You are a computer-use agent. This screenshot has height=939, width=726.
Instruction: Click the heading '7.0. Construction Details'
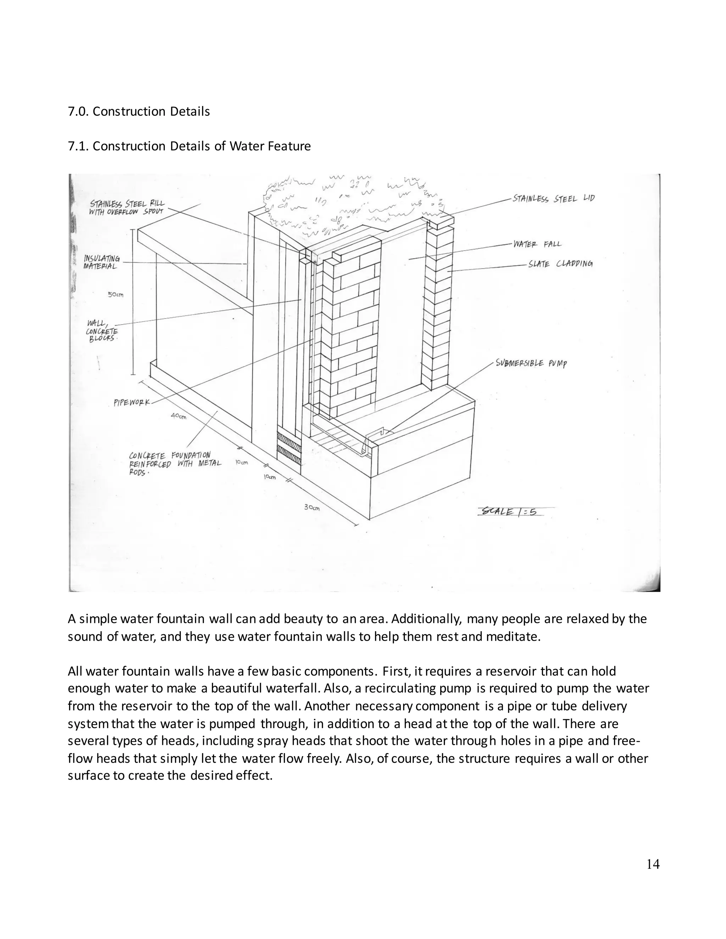click(139, 111)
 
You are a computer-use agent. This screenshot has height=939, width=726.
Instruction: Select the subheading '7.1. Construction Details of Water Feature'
click(189, 146)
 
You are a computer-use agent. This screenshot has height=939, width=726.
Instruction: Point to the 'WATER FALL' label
click(537, 244)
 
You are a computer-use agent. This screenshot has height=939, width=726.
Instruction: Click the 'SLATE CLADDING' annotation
click(560, 264)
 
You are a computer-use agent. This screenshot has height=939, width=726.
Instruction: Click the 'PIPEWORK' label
click(132, 403)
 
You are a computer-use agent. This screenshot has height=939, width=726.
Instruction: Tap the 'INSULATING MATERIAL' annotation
click(101, 262)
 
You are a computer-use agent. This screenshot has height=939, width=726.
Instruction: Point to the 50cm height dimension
click(115, 295)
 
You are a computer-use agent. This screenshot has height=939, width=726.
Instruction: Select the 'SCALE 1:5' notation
click(510, 512)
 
